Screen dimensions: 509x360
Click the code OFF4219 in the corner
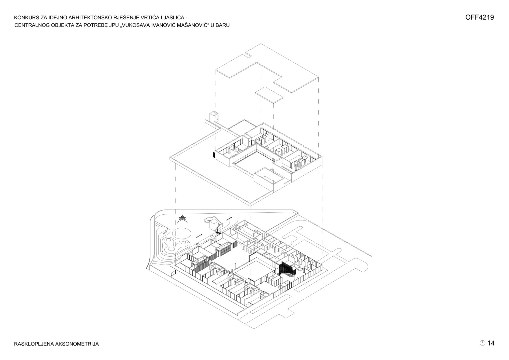479,17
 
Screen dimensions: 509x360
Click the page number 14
491,343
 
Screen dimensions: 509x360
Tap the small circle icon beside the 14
483,343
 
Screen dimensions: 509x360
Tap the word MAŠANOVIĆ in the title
190,25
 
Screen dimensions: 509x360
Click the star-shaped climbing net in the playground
182,219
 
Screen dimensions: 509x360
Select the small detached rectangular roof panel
269,95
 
